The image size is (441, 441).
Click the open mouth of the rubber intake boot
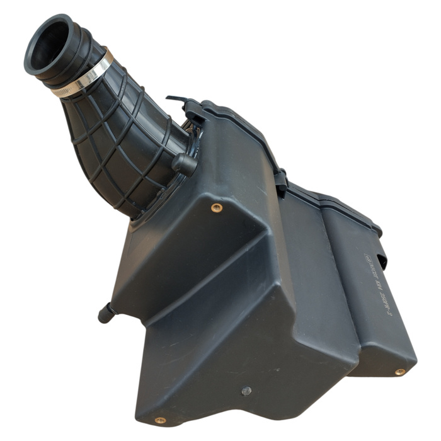coord(49,45)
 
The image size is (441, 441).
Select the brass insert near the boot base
coord(216,207)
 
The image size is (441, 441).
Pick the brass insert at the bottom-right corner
coord(399,372)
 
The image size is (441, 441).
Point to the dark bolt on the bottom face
coord(246,391)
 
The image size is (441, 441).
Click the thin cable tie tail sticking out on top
coord(175,99)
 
